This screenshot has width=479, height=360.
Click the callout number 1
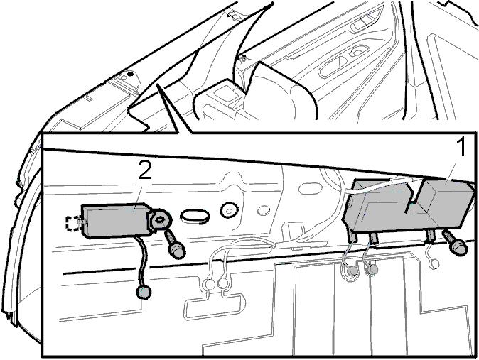461,147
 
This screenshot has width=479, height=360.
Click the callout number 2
145,170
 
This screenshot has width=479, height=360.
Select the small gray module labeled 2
116,220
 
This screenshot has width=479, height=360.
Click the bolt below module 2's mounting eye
174,245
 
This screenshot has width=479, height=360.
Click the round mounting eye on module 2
161,219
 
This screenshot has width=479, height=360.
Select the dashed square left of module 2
72,224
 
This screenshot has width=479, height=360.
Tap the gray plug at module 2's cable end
143,292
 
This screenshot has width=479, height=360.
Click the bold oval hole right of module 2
195,216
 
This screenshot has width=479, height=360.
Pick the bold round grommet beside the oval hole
229,210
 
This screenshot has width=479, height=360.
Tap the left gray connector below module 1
352,271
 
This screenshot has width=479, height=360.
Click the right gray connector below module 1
372,269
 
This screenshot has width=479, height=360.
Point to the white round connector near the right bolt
434,264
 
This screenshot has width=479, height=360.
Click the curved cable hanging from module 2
141,260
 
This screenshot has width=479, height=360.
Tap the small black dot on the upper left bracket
130,74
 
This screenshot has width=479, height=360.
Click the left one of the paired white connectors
209,285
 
